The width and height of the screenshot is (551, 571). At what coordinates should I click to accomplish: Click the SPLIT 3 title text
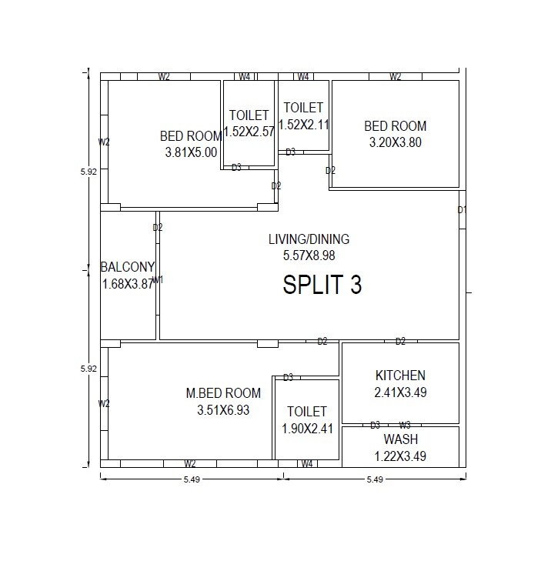click(x=322, y=285)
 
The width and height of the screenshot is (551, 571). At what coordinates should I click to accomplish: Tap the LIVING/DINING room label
click(x=309, y=239)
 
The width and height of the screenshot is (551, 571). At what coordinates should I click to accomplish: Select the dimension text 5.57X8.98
click(x=309, y=255)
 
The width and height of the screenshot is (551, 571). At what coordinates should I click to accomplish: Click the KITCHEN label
click(x=400, y=376)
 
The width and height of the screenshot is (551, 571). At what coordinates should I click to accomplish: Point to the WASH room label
click(x=400, y=439)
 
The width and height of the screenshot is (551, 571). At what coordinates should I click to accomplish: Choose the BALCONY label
click(x=128, y=267)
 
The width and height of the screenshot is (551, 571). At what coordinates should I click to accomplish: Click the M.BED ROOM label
click(x=223, y=393)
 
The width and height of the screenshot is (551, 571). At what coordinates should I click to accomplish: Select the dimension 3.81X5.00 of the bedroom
click(x=191, y=152)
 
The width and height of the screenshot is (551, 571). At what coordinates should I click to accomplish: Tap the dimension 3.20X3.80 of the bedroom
click(x=395, y=142)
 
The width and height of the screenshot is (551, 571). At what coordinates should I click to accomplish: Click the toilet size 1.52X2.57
click(x=249, y=132)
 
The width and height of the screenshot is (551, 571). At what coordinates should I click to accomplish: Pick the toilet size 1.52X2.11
click(x=303, y=125)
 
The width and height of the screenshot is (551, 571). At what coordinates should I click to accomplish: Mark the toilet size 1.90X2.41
click(x=306, y=429)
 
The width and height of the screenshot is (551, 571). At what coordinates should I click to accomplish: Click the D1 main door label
click(x=462, y=209)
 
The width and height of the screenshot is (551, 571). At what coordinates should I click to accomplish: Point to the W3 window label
click(x=405, y=425)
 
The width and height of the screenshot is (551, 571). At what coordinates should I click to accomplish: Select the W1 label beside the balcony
click(x=158, y=280)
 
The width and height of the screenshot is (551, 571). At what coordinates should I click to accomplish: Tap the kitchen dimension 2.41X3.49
click(x=400, y=392)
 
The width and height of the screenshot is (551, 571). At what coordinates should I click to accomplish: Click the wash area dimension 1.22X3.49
click(x=400, y=456)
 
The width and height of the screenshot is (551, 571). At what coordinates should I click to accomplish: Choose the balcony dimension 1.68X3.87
click(x=128, y=284)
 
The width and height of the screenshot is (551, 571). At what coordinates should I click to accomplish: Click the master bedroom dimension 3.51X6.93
click(x=223, y=410)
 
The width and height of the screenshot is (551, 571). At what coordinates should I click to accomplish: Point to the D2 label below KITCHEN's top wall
click(x=400, y=341)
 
